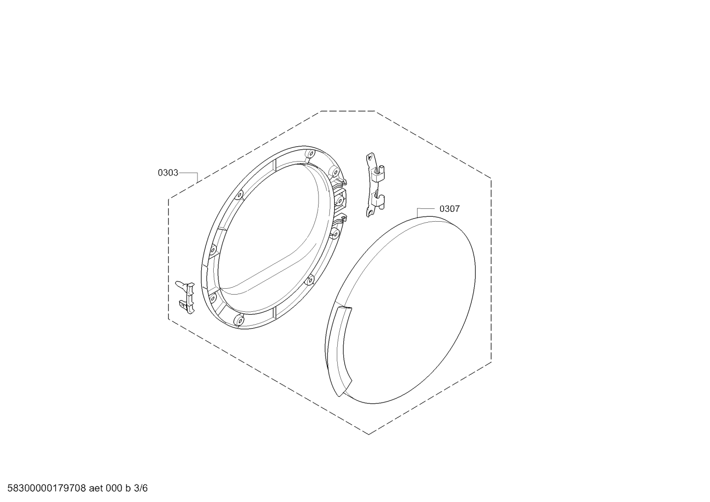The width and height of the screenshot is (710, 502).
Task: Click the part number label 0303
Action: pos(168,173)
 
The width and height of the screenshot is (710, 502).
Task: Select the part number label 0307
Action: pos(450,209)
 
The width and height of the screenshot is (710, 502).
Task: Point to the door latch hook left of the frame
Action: pos(186,297)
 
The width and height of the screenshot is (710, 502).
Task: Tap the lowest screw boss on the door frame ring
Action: pos(239,321)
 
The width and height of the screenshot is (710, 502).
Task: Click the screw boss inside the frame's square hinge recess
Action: pos(339,201)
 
